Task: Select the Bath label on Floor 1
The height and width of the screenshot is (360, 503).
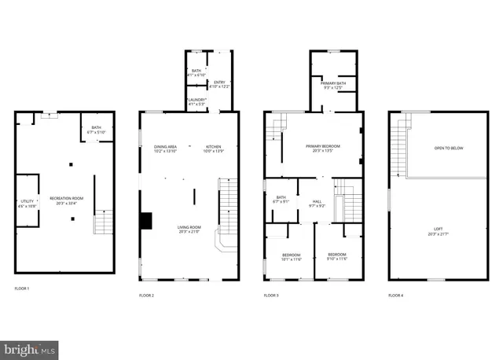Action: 96,129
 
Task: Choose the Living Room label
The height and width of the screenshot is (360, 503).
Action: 189,229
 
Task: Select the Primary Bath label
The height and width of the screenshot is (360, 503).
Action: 333,84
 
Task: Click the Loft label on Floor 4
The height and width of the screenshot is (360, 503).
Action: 437,230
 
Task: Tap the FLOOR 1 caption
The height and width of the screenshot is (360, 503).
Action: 22,289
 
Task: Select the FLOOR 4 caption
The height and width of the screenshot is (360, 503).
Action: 395,296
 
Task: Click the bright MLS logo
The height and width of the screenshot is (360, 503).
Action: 29,347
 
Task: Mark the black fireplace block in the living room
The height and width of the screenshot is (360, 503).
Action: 145,221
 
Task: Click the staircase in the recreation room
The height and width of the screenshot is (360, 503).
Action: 103,223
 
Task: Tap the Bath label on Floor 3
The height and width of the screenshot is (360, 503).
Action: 280,199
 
